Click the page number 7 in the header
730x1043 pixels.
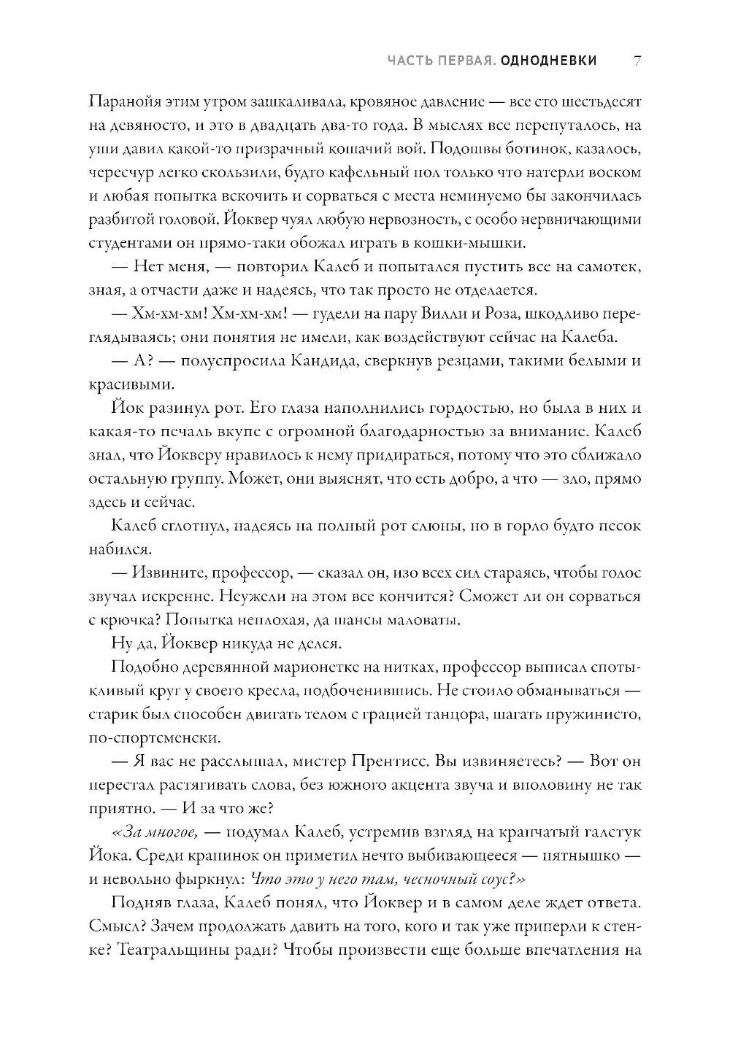(637, 61)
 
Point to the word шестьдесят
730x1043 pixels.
(600, 101)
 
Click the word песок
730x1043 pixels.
(620, 525)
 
